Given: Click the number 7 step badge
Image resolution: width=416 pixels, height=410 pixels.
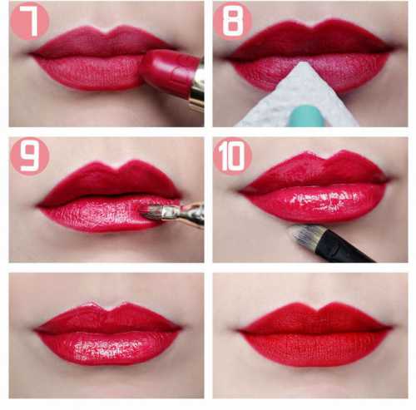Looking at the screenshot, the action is click(30, 22).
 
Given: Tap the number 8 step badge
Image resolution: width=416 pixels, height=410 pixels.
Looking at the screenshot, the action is click(232, 22).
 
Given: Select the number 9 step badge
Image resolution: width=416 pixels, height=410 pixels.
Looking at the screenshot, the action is click(30, 156).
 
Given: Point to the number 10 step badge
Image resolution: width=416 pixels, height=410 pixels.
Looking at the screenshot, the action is click(232, 156).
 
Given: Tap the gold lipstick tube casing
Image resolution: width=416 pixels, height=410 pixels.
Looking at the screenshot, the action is click(197, 86).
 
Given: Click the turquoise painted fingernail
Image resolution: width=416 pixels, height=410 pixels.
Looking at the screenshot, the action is click(306, 115).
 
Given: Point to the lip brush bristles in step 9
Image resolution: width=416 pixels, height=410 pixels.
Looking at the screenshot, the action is click(151, 213).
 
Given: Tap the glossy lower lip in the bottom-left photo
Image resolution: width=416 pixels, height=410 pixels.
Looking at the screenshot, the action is click(106, 348).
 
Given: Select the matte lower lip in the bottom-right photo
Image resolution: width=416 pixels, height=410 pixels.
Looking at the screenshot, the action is click(314, 350).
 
